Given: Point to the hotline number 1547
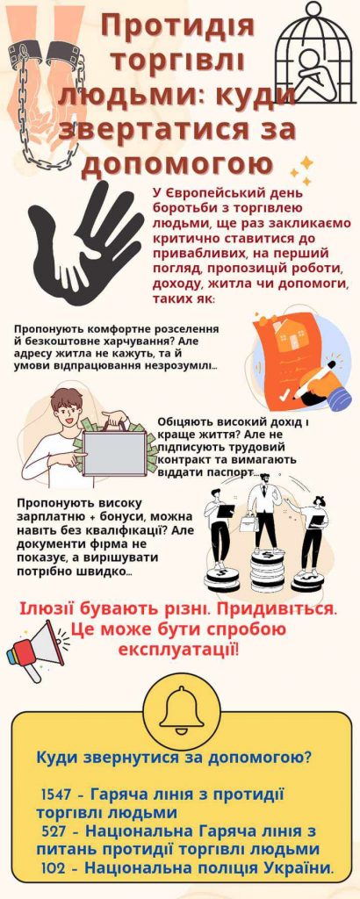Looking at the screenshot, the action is (x=56, y=795).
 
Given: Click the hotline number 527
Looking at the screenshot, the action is (x=55, y=831).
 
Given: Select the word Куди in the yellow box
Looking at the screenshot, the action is (x=58, y=759).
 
